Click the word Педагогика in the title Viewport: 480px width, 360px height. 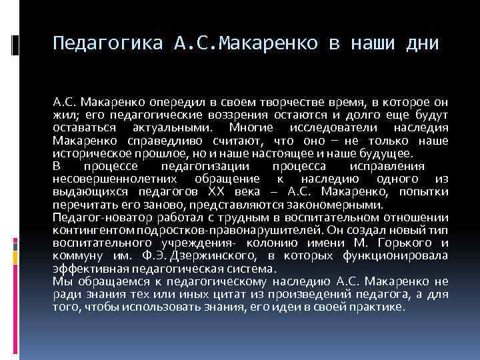click(107, 44)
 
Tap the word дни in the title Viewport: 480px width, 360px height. click(421, 44)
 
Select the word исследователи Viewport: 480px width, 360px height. click(322, 129)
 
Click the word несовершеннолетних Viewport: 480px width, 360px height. click(114, 178)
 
